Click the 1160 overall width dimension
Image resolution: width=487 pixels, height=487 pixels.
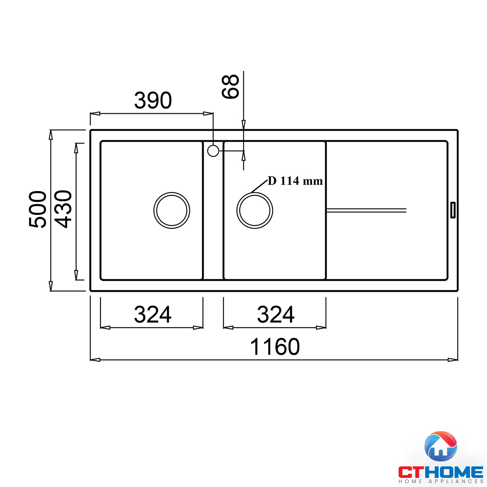click(275, 347)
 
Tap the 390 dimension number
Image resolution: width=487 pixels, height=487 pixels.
click(153, 100)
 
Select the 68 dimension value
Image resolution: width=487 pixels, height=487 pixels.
click(230, 86)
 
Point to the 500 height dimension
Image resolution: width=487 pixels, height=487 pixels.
click(38, 209)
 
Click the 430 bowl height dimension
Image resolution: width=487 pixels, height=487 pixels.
click(63, 209)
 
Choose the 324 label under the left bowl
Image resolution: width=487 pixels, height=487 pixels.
click(152, 314)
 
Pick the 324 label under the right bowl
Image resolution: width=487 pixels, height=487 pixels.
click(275, 314)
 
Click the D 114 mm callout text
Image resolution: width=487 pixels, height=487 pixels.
click(295, 181)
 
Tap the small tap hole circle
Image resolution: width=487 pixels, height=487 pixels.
click(213, 151)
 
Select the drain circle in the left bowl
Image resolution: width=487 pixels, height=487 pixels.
click(172, 210)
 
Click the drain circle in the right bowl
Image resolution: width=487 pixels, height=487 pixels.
click(255, 210)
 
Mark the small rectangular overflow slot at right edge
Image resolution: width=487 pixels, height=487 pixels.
click(453, 210)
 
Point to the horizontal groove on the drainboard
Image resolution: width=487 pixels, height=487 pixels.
click(366, 210)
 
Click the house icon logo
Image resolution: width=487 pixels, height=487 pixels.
click(441, 446)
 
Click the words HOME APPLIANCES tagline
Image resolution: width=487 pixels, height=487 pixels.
click(441, 482)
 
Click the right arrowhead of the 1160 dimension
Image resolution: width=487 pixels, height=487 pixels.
click(453, 360)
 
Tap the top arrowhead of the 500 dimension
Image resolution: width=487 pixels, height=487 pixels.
click(51, 135)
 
